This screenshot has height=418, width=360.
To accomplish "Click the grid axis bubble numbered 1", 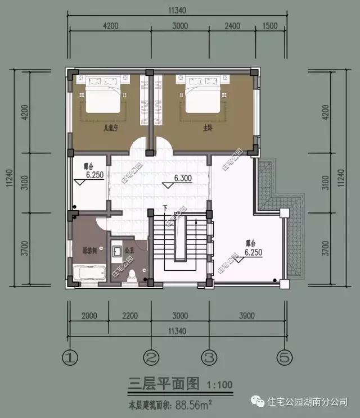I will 69,357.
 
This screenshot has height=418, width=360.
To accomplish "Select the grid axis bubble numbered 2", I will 150,357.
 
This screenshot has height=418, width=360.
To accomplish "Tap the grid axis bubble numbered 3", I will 209,357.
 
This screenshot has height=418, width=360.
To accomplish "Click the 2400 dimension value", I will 232,26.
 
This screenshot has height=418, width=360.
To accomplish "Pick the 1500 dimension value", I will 270,26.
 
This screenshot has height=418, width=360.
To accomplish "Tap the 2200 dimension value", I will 129,315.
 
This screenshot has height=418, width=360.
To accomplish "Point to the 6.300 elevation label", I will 183,178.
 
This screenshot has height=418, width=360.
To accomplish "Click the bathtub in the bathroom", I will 89,274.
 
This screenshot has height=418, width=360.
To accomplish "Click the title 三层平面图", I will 163,384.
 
